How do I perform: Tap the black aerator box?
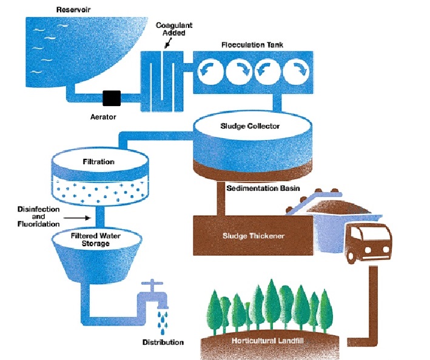click(x=112, y=97)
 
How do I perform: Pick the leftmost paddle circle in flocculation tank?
click(x=211, y=71)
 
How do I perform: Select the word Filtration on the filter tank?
click(x=98, y=162)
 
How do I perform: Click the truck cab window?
click(x=363, y=233)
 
